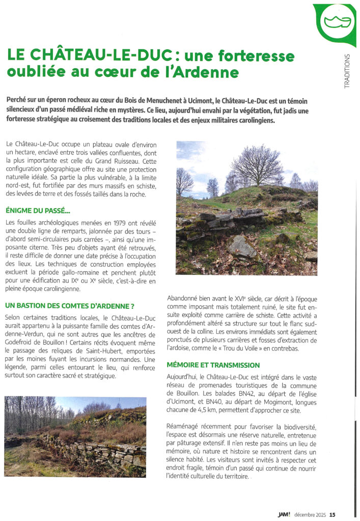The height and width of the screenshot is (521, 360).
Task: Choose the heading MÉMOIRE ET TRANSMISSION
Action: pos(213,365)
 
